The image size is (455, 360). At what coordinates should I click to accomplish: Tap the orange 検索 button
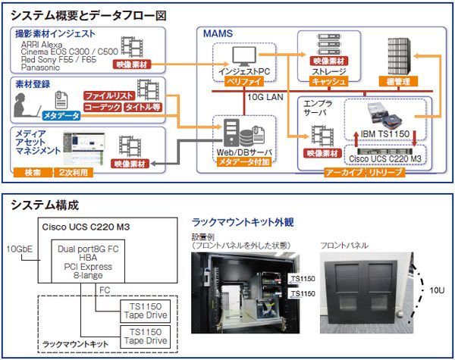[33, 173]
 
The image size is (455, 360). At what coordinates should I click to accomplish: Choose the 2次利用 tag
[74, 173]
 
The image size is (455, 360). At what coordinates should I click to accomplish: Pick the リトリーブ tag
[385, 173]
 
